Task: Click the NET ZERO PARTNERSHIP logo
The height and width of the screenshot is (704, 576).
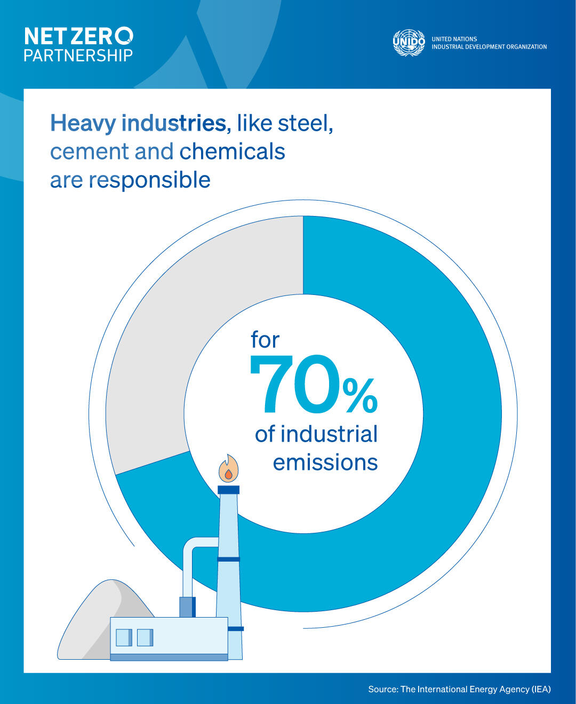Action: click(78, 45)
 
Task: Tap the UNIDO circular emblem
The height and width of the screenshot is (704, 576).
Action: click(409, 43)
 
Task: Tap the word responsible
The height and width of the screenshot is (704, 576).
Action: click(149, 180)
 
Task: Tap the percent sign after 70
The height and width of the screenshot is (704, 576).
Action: click(360, 396)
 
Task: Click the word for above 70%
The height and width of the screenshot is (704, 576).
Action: click(265, 340)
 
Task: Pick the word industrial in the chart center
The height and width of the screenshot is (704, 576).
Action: click(329, 434)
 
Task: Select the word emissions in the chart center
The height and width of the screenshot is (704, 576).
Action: click(325, 462)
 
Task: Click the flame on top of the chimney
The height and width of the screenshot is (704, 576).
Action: click(228, 469)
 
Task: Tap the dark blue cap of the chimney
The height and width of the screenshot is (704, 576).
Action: click(228, 490)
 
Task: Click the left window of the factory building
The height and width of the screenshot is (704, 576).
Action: click(124, 637)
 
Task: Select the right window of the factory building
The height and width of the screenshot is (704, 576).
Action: click(145, 637)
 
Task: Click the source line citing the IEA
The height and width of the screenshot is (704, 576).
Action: click(459, 689)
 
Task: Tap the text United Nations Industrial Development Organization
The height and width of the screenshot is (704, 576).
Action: click(489, 43)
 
